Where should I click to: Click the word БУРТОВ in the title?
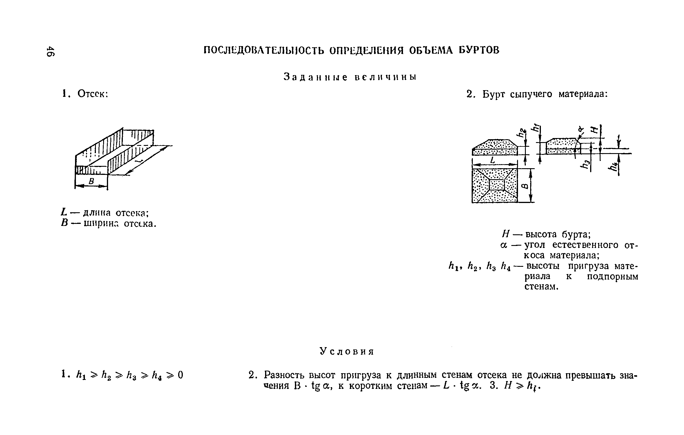click(x=479, y=50)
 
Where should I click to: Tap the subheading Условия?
click(x=347, y=351)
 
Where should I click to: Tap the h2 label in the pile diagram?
click(x=521, y=133)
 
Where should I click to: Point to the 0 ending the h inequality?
click(x=180, y=375)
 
